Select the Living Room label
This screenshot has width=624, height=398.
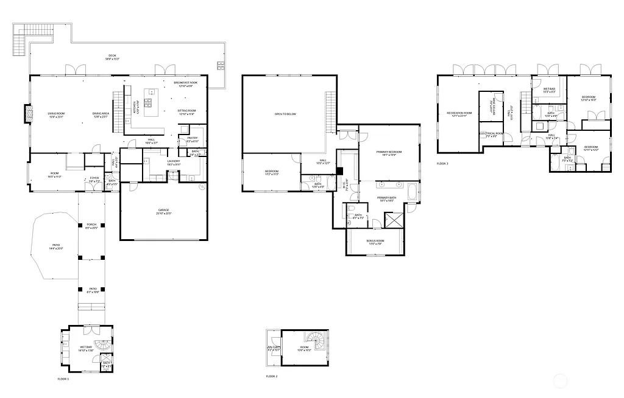click(56, 114)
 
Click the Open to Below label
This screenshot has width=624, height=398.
click(285, 114)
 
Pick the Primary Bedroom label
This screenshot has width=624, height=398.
click(389, 153)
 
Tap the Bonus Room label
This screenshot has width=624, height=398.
click(375, 242)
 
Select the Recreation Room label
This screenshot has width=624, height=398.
click(459, 114)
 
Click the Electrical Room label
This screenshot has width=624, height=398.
click(491, 134)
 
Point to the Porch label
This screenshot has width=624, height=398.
click(91, 226)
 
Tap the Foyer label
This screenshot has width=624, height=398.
click(94, 180)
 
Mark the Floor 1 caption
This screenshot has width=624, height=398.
click(63, 379)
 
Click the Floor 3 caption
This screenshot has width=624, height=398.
click(442, 164)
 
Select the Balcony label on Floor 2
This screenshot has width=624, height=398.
click(272, 349)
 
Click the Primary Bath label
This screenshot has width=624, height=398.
click(386, 198)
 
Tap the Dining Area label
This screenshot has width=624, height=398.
click(100, 114)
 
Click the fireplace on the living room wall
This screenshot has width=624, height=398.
click(27, 114)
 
